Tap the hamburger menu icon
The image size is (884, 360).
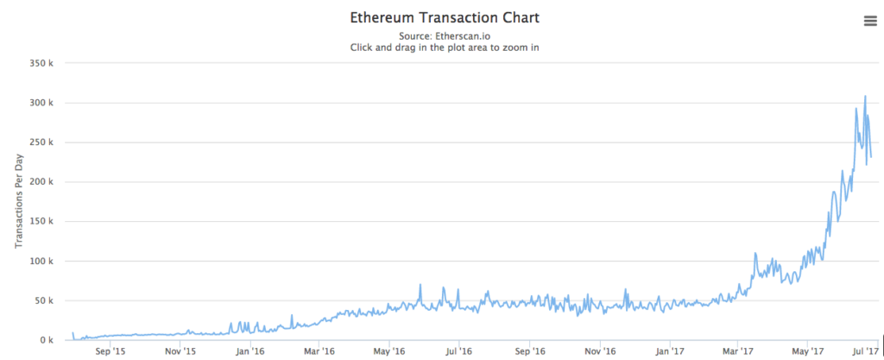[869, 22]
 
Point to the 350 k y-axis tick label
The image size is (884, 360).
[41, 63]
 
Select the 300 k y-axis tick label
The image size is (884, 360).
[41, 103]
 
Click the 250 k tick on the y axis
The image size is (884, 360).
[41, 142]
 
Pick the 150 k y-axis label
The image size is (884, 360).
[41, 222]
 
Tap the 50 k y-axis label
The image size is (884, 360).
[43, 300]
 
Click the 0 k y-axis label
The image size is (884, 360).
[46, 340]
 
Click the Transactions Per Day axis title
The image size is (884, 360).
[18, 201]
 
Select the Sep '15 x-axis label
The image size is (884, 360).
[110, 351]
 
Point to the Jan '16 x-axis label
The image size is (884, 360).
[249, 351]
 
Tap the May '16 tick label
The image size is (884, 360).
[389, 351]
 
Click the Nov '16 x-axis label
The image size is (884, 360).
[599, 351]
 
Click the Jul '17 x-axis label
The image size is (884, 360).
[866, 351]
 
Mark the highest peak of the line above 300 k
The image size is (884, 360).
[865, 97]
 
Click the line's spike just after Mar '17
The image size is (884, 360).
[755, 254]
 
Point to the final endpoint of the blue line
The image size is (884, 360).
[871, 157]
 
